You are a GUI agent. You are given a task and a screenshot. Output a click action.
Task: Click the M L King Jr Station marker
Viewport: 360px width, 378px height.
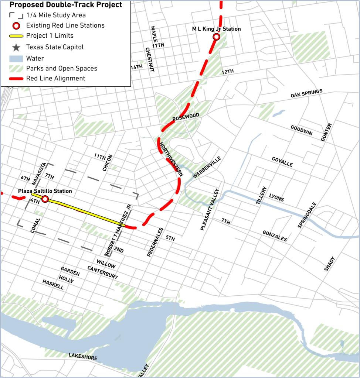pos(217,37)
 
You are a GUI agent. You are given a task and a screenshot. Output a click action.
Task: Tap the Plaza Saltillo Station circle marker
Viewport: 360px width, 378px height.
pos(45,199)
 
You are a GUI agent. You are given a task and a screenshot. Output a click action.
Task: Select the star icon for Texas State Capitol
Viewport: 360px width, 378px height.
pos(16,47)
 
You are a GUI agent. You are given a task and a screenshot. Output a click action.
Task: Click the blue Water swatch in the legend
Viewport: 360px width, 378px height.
pos(16,58)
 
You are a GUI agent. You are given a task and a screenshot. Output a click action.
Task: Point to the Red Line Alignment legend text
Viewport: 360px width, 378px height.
pos(55,78)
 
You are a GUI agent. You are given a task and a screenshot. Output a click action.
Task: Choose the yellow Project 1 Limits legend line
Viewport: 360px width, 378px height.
pos(16,36)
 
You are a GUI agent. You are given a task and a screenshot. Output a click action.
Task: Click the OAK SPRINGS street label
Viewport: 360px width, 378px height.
pos(306,93)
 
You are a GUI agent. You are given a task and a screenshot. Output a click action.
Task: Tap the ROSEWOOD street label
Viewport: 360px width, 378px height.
pos(186,117)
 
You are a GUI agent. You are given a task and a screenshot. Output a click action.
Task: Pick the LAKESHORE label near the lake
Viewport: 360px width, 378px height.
pos(83,356)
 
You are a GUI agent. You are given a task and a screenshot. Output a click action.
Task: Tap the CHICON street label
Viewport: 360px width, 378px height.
pos(108,163)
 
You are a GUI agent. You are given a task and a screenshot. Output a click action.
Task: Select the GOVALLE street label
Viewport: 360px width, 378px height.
pos(282,162)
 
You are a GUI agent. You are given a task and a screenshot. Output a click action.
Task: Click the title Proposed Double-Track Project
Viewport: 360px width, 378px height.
pos(65,5)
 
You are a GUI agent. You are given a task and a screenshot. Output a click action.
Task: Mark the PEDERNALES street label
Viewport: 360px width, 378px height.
pos(154,242)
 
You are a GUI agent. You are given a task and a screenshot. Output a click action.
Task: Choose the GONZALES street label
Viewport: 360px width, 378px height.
pos(275,236)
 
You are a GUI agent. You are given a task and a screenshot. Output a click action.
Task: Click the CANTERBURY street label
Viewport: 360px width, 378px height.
pos(103,272)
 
